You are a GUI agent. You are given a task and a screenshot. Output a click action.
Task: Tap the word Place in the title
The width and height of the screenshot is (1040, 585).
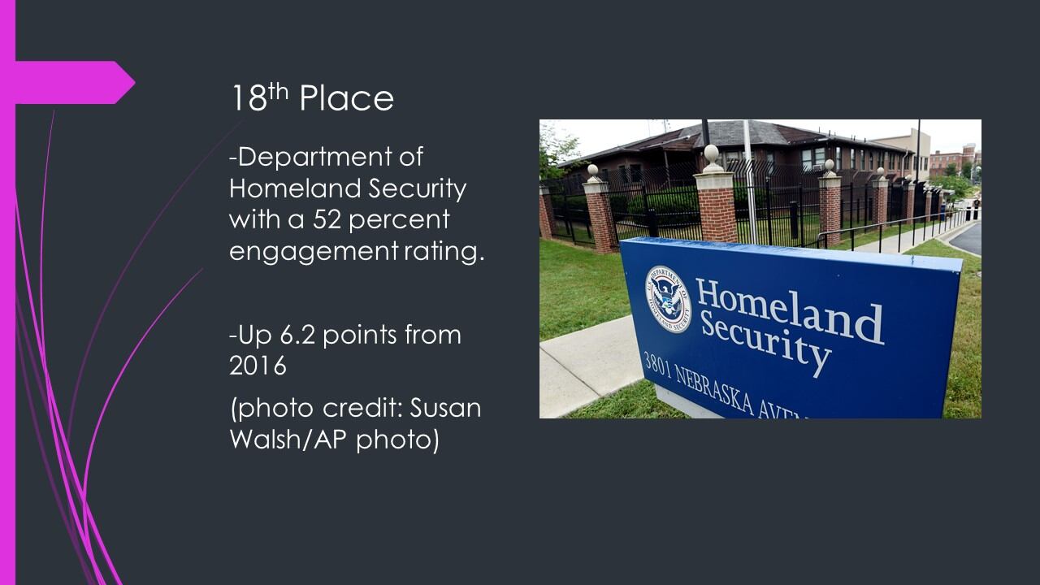click(x=346, y=98)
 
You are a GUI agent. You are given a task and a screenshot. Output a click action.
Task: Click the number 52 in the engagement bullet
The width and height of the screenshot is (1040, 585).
click(x=327, y=219)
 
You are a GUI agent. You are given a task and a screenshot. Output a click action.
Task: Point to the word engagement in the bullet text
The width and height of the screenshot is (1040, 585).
click(x=313, y=252)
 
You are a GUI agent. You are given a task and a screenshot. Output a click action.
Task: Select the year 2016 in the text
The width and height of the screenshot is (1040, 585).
click(x=258, y=366)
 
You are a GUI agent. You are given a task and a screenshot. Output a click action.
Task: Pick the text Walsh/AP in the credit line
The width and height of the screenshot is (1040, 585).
click(x=288, y=439)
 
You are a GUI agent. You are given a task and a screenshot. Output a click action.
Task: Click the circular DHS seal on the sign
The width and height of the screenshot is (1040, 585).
click(x=668, y=299)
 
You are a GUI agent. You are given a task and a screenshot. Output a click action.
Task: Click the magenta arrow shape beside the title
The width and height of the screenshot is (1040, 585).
click(x=74, y=82)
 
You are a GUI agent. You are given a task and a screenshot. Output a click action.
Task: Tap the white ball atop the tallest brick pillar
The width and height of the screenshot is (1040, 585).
click(x=711, y=153)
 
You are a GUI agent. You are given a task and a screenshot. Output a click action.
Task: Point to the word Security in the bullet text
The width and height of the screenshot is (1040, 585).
click(x=417, y=189)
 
